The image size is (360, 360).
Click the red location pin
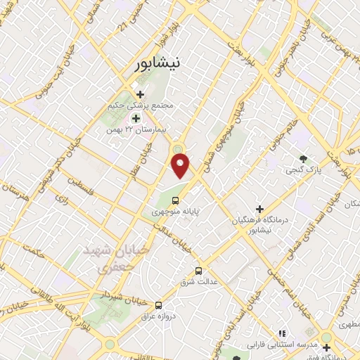[x=181, y=166]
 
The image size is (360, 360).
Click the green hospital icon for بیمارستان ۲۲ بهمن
[x=136, y=119]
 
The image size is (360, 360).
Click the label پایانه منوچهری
[x=176, y=211]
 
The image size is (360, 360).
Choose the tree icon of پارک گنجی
[x=303, y=159]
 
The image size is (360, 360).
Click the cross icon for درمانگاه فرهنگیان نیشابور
[x=260, y=209]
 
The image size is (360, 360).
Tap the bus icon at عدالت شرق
[x=198, y=270]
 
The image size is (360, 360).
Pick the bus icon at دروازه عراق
[x=158, y=305]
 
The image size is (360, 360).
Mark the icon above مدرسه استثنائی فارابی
[x=282, y=333]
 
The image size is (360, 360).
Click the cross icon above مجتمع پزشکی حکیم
[x=140, y=94]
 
